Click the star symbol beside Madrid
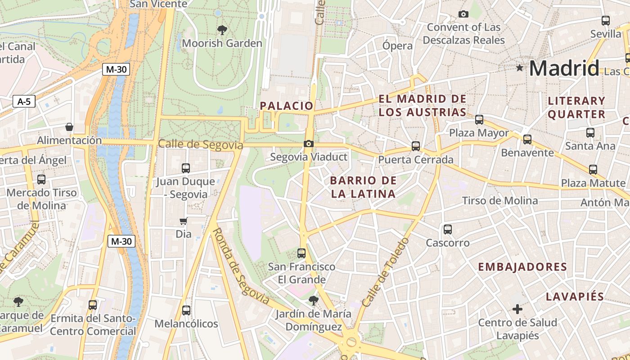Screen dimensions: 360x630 click(x=520, y=68)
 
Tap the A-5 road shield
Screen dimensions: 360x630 click(x=24, y=102)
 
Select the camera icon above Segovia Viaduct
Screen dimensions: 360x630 click(x=309, y=144)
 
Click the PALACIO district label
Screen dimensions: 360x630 click(x=287, y=106)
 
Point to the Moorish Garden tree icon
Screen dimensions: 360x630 click(x=222, y=30)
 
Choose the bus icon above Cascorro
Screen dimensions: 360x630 click(x=448, y=229)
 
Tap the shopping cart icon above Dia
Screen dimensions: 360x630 click(x=183, y=221)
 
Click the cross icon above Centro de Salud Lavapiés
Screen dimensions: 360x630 click(x=517, y=309)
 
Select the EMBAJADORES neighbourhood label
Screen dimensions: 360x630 click(x=522, y=267)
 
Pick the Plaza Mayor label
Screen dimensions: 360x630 click(x=479, y=133)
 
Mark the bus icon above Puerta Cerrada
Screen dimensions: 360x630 click(x=416, y=146)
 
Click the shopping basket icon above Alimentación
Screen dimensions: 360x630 click(x=69, y=127)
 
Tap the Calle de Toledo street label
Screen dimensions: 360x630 click(x=386, y=273)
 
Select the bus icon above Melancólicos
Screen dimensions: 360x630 click(x=186, y=310)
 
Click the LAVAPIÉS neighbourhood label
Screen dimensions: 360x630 click(x=575, y=297)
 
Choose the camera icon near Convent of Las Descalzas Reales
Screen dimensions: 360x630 click(x=463, y=14)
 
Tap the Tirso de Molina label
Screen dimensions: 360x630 click(x=500, y=201)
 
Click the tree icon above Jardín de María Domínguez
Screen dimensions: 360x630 click(x=314, y=300)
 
